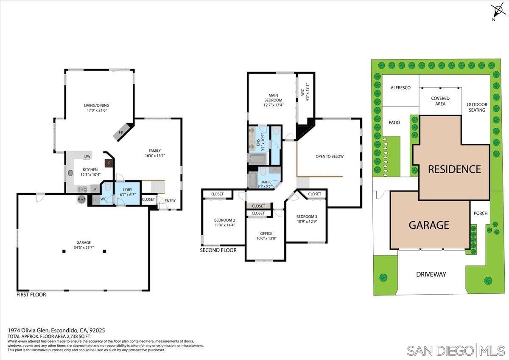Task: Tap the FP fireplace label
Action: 121,132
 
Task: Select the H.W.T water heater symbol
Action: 81,199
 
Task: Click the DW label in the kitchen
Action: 87,157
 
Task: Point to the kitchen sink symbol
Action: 70,173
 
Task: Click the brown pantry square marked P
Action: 109,163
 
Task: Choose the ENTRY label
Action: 170,201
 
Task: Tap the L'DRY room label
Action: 128,189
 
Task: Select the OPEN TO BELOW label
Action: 330,156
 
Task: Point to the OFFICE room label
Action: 266,233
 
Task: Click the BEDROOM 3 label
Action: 307,216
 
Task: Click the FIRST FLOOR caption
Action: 31,294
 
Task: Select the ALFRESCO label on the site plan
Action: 400,87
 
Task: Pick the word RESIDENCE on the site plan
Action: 454,169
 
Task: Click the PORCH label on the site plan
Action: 481,214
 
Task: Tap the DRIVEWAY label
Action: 431,274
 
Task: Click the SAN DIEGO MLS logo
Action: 456,350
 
